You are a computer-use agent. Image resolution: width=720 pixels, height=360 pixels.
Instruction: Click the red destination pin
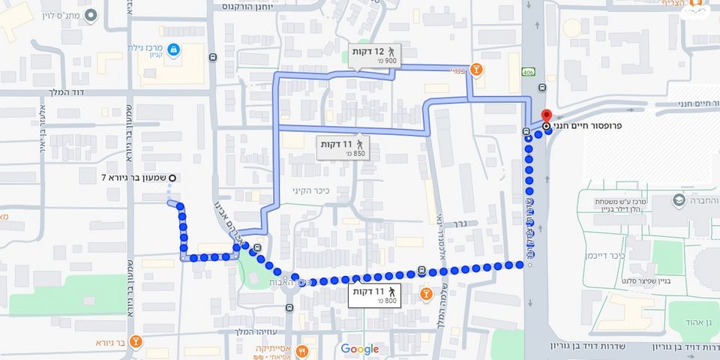(x=546, y=116)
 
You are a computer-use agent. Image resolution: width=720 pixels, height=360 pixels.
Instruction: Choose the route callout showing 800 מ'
(x=374, y=295)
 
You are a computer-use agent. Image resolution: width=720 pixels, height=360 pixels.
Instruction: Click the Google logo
(x=360, y=349)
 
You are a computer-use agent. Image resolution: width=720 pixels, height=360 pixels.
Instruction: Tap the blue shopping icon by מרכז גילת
(x=173, y=50)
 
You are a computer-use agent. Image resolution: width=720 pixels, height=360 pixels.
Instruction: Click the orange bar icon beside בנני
(x=478, y=70)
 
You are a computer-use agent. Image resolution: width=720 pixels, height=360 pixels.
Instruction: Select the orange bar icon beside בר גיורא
(x=136, y=342)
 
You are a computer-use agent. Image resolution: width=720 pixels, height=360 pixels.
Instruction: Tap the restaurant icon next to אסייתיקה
(x=302, y=349)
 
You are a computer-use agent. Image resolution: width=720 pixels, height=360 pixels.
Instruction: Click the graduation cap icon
(x=679, y=200)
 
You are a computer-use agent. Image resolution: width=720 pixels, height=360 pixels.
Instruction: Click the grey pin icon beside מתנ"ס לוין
(x=91, y=16)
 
